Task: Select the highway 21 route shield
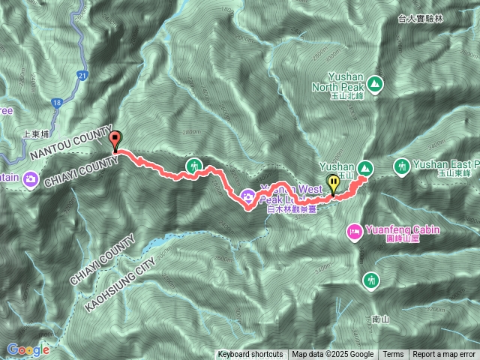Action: [x=82, y=75]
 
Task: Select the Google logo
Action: [x=28, y=350]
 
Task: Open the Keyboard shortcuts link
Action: [x=250, y=355]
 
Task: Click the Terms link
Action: [x=393, y=355]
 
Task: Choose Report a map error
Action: [x=445, y=355]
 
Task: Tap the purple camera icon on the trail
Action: [x=248, y=197]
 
